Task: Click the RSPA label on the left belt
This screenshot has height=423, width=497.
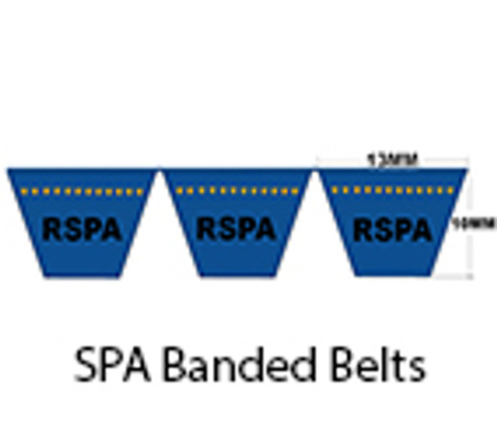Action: tap(82, 229)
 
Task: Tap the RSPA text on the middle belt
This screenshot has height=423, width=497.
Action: tap(236, 229)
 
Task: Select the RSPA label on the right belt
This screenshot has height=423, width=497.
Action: tap(392, 230)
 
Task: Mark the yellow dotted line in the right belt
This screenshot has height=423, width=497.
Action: tap(392, 190)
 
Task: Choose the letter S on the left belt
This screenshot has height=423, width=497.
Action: tap(72, 229)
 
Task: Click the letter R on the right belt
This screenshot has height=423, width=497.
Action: tap(363, 230)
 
